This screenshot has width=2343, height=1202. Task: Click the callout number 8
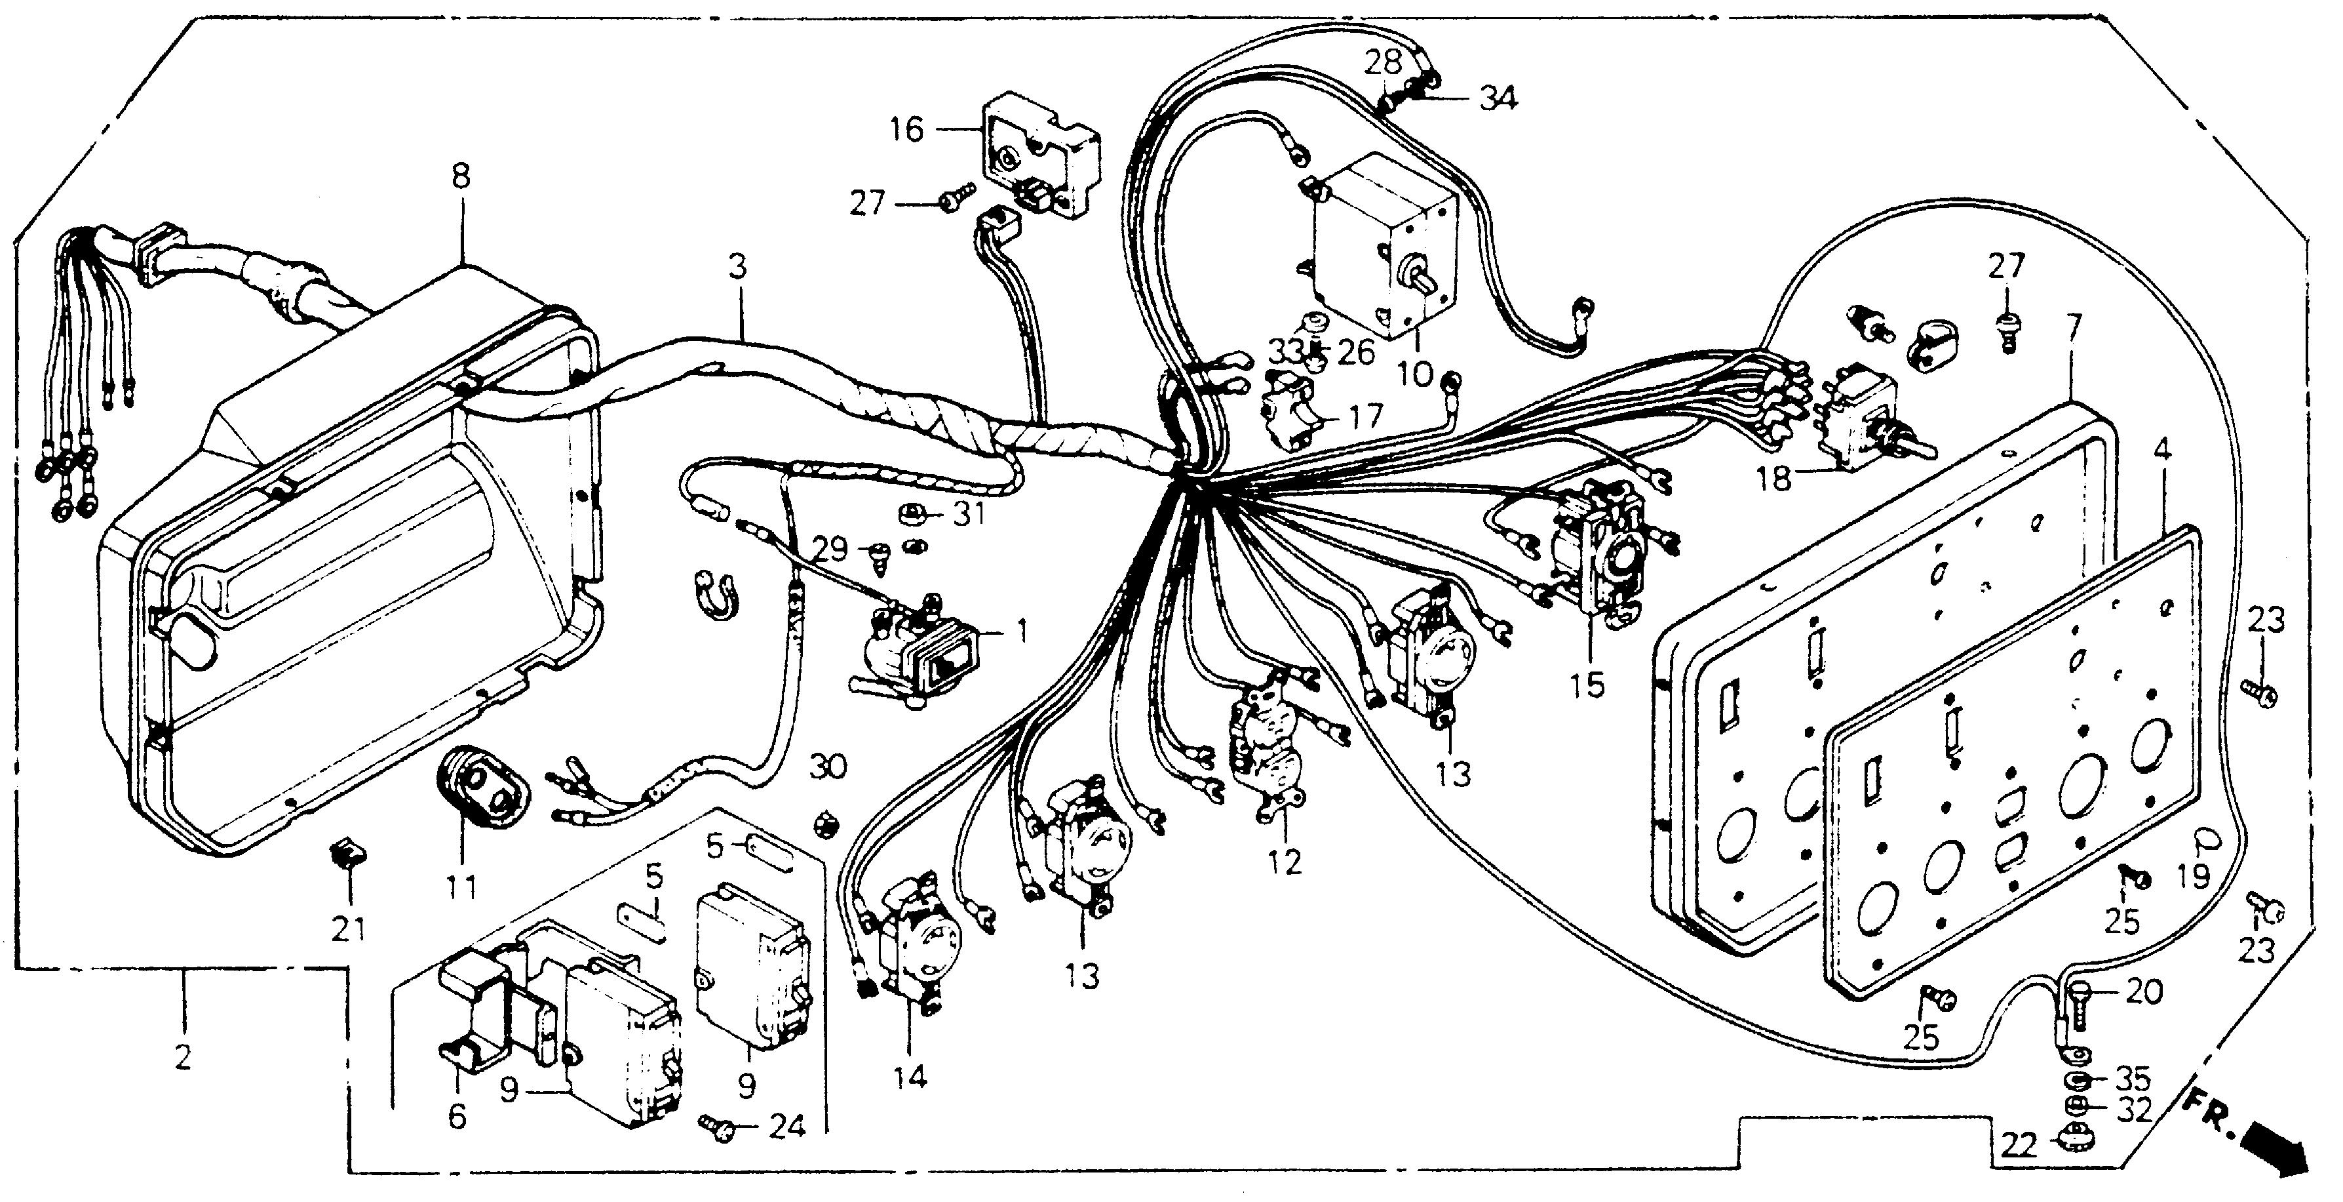click(x=461, y=176)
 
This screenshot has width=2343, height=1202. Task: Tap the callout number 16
click(x=907, y=129)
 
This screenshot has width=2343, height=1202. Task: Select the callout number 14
click(x=910, y=1077)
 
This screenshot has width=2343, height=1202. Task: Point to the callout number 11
click(x=461, y=885)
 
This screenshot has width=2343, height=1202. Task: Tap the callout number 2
click(x=183, y=1057)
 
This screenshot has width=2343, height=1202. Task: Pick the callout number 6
click(x=457, y=1115)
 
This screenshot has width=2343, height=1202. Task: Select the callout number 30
click(x=828, y=765)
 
